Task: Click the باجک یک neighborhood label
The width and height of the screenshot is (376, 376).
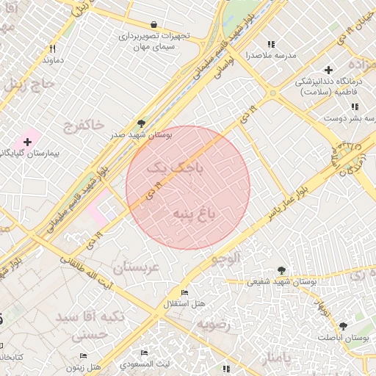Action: coord(174,168)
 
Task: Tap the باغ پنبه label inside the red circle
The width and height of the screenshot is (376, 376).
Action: coord(195,214)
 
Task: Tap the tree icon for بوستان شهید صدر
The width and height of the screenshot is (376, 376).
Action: coord(141,123)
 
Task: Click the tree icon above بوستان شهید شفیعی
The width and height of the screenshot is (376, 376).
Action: coord(281,270)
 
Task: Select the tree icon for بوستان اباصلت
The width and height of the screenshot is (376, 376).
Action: coord(343,325)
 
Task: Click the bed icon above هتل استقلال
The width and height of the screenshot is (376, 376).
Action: coord(184,293)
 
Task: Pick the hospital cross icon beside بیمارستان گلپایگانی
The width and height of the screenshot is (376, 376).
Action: coord(28,140)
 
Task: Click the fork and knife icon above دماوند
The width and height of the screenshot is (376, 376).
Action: coord(52,48)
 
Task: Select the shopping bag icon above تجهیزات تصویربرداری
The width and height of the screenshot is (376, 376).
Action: coord(152,23)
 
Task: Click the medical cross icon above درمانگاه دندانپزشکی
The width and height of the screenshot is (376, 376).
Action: coord(328,70)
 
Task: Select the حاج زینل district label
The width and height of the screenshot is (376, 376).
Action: coord(29,84)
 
